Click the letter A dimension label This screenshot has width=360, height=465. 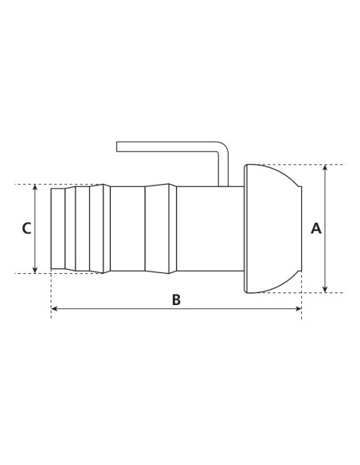pyautogui.click(x=315, y=229)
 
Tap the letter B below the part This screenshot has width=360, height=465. pyautogui.click(x=176, y=299)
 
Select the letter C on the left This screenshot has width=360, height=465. pyautogui.click(x=26, y=229)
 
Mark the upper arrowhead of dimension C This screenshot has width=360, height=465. pyautogui.click(x=37, y=189)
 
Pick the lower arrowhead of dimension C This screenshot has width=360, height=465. pyautogui.click(x=37, y=268)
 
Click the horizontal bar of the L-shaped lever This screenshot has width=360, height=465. pyautogui.click(x=167, y=147)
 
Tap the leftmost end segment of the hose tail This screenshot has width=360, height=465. pyautogui.click(x=58, y=229)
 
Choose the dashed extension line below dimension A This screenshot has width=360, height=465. pyautogui.click(x=319, y=292)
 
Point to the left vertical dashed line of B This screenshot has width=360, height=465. pyautogui.click(x=51, y=295)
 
